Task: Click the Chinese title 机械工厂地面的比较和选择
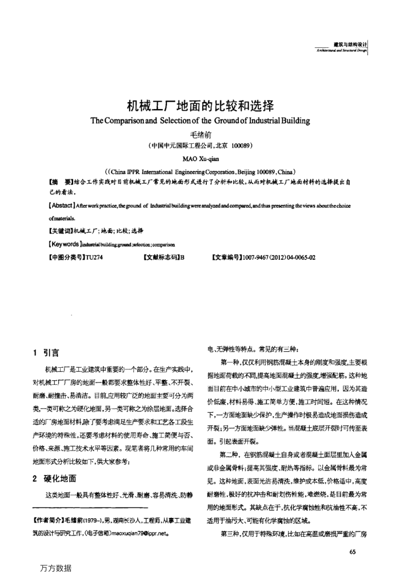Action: coord(200,106)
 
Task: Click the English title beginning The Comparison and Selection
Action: coord(200,120)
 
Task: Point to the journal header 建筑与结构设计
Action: coord(350,44)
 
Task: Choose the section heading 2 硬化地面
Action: coord(55,478)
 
